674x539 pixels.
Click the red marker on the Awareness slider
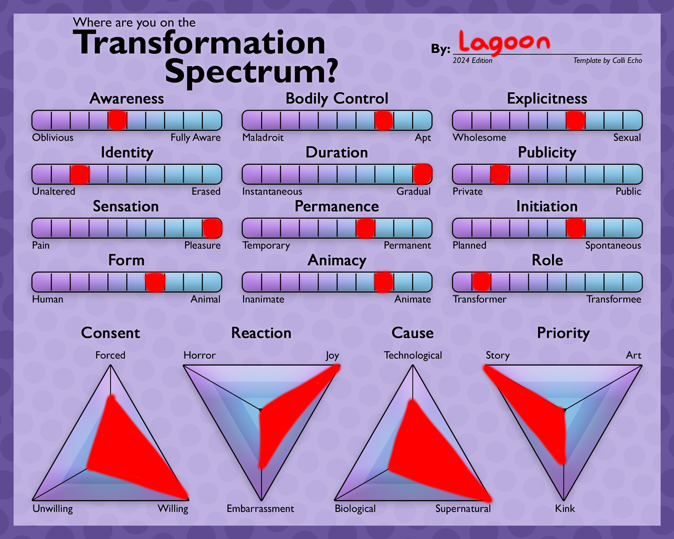pyautogui.click(x=118, y=120)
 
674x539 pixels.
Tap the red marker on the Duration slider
pyautogui.click(x=423, y=174)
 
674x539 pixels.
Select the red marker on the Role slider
pyautogui.click(x=482, y=281)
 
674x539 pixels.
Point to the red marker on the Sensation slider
pyautogui.click(x=212, y=227)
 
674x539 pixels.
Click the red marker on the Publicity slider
pyautogui.click(x=500, y=174)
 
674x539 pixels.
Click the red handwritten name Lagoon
pyautogui.click(x=504, y=44)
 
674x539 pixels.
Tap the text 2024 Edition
pyautogui.click(x=472, y=60)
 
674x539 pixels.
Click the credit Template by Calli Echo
pyautogui.click(x=608, y=60)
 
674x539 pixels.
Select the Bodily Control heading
pyautogui.click(x=337, y=99)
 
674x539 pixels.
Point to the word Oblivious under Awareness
pyautogui.click(x=53, y=137)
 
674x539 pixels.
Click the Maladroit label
pyautogui.click(x=263, y=137)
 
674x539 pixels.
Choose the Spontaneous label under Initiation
pyautogui.click(x=613, y=246)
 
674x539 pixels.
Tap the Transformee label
pyautogui.click(x=614, y=299)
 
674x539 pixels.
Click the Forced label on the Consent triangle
pyautogui.click(x=110, y=355)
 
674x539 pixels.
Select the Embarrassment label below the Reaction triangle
pyautogui.click(x=260, y=509)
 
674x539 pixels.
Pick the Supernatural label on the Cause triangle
pyautogui.click(x=463, y=509)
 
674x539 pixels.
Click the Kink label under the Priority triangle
pyautogui.click(x=565, y=509)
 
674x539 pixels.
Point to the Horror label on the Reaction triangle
pyautogui.click(x=200, y=355)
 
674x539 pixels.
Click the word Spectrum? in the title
pyautogui.click(x=251, y=72)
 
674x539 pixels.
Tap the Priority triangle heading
pyautogui.click(x=563, y=333)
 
